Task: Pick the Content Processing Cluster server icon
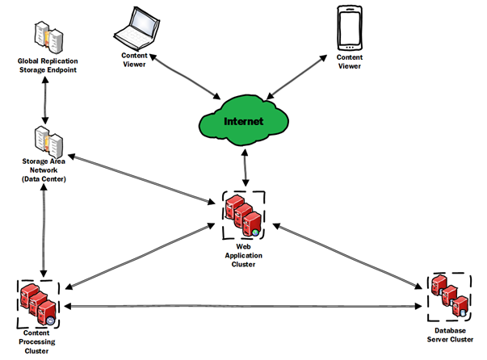[x=39, y=304]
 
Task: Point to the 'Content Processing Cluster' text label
[x=39, y=343]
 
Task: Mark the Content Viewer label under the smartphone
[x=351, y=62]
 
